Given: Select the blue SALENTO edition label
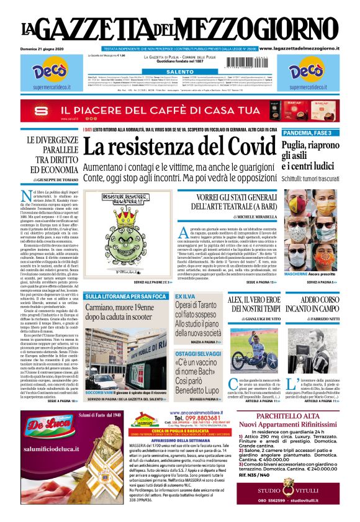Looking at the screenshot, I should (179, 73).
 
